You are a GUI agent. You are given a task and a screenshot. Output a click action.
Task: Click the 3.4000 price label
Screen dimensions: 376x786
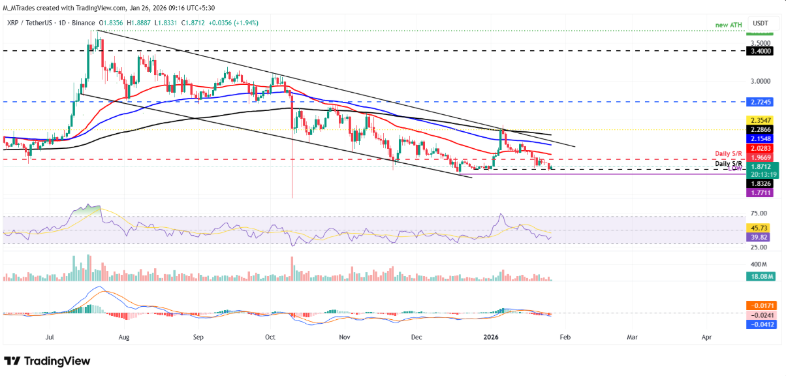pyautogui.click(x=761, y=50)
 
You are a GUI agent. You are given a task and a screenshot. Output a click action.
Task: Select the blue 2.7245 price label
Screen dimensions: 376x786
pyautogui.click(x=761, y=102)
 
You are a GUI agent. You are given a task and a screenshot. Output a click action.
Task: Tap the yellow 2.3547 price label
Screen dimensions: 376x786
pyautogui.click(x=761, y=121)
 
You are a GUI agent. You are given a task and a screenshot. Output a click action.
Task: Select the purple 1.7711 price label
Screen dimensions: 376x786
pyautogui.click(x=761, y=193)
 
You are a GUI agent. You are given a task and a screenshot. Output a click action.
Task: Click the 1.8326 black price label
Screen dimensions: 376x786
pyautogui.click(x=761, y=184)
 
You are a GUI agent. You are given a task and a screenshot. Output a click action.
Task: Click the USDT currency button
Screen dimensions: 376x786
pyautogui.click(x=761, y=22)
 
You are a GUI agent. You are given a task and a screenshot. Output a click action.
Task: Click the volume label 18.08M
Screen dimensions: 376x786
pyautogui.click(x=761, y=277)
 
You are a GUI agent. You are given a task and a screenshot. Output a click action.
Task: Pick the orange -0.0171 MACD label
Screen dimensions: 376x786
pyautogui.click(x=761, y=305)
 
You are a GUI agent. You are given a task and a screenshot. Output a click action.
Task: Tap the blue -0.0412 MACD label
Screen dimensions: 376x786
pyautogui.click(x=761, y=324)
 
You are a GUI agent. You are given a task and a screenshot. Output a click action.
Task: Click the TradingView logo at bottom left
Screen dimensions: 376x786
pyautogui.click(x=47, y=361)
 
